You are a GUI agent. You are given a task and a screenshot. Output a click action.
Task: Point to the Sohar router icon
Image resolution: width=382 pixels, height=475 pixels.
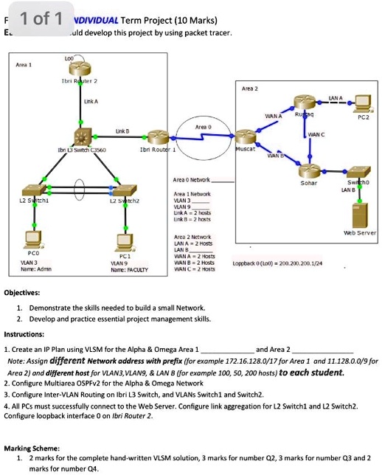click(x=310, y=167)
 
